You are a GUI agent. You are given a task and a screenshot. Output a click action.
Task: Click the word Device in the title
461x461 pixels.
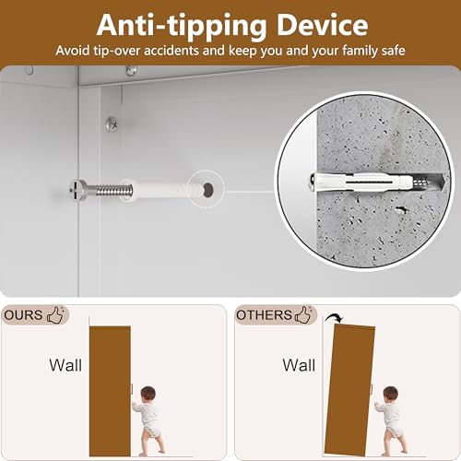pos(323,25)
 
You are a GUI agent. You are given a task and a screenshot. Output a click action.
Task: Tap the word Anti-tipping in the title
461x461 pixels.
pos(182,27)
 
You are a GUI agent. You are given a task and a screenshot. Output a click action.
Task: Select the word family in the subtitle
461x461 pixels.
pos(361,51)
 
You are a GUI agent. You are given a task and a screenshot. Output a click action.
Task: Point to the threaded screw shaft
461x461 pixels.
pos(114,191)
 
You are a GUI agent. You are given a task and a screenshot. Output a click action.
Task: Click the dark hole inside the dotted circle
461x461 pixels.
pos(208,188)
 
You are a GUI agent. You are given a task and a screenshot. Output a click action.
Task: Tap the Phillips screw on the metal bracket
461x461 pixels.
pos(112,124)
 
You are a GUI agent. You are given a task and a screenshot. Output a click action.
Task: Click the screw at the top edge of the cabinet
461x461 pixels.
pos(131,71)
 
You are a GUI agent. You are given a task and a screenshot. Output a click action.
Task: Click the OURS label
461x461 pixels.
pos(23,315)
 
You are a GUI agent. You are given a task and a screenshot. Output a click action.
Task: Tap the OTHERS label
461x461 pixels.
pos(264,315)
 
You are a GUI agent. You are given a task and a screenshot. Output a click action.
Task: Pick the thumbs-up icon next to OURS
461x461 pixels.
pos(55,314)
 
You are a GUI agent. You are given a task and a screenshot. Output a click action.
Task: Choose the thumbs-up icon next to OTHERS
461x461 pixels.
pos(303,314)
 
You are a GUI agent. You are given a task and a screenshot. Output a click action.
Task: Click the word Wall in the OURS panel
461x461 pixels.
pos(65,365)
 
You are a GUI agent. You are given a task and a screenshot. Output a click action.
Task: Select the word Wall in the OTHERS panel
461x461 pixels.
pos(299,365)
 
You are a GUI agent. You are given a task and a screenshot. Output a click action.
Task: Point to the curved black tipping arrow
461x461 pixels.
pos(333,316)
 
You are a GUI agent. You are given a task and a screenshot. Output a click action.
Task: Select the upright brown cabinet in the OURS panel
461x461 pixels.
pos(110,391)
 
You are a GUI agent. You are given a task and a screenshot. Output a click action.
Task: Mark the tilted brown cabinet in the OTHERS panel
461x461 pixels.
pos(349,390)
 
